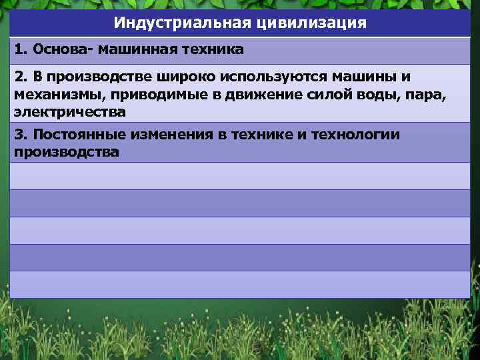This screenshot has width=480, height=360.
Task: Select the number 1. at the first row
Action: click(21, 49)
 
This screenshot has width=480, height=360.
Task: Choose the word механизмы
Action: click(53, 94)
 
